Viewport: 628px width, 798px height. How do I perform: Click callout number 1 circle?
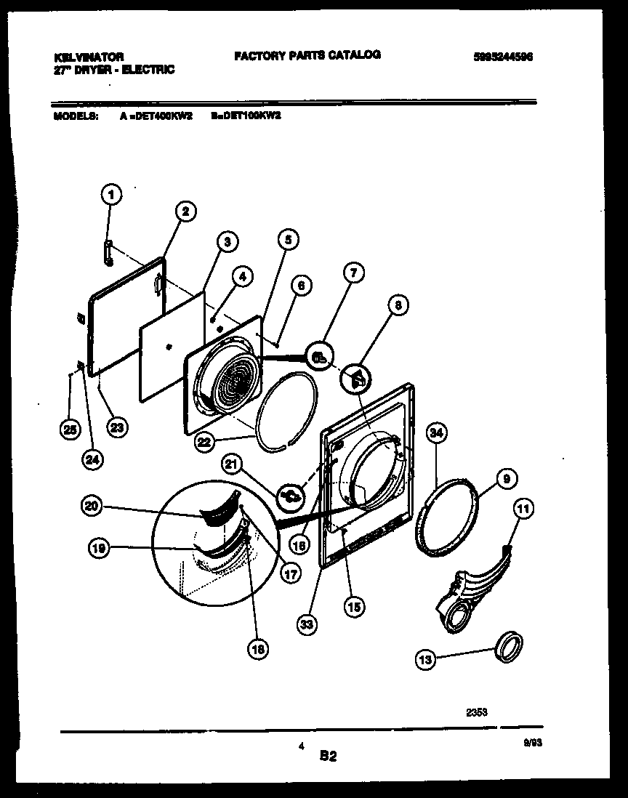[x=110, y=194]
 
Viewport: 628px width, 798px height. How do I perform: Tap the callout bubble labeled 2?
[x=185, y=211]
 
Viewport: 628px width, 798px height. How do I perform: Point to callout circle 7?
[x=353, y=273]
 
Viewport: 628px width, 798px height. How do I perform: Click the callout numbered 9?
[x=507, y=478]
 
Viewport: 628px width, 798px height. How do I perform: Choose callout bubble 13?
[x=427, y=660]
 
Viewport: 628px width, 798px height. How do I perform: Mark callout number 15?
[x=355, y=605]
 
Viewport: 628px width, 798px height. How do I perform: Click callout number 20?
[x=92, y=508]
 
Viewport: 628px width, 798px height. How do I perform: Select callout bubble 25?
[x=70, y=430]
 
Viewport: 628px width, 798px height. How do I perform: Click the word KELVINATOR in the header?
[x=89, y=56]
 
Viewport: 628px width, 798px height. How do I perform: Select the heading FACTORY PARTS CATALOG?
[x=307, y=55]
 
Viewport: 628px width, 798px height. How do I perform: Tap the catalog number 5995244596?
[x=503, y=57]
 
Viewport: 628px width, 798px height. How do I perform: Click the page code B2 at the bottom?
[x=328, y=757]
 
